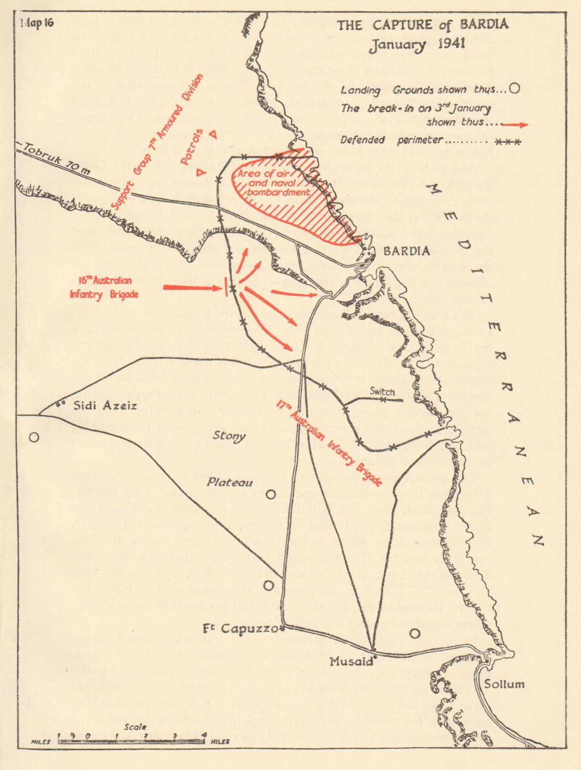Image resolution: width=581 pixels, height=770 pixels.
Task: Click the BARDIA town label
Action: click(x=406, y=251)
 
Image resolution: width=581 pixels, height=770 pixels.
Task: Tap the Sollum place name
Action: click(x=504, y=684)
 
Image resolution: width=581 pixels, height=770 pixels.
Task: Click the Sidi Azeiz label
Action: click(x=106, y=406)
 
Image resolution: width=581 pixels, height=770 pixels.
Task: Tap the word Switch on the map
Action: click(x=382, y=392)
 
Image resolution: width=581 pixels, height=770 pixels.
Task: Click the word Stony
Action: click(x=229, y=437)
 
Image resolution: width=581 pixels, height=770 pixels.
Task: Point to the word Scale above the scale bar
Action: click(x=135, y=727)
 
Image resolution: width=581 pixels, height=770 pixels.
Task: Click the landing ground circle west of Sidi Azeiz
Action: click(x=34, y=437)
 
